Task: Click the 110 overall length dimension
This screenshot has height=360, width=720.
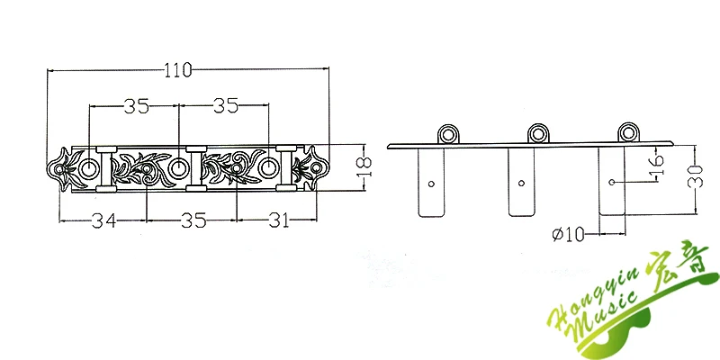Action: (x=178, y=70)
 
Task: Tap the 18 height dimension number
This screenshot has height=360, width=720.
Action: (x=364, y=168)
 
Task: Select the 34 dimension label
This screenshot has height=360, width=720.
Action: (x=103, y=220)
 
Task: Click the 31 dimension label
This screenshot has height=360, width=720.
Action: (x=280, y=220)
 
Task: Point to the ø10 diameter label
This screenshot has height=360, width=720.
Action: (x=568, y=235)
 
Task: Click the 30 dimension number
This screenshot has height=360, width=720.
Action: (x=695, y=176)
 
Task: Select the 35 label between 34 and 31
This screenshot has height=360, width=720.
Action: (x=193, y=220)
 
